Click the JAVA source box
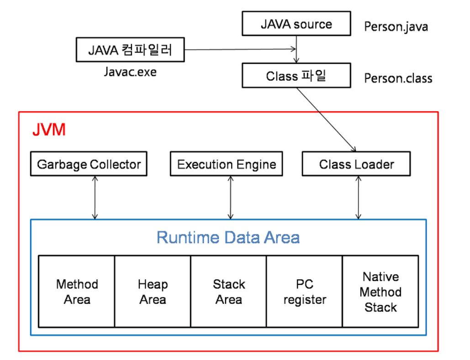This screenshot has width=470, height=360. [296, 24]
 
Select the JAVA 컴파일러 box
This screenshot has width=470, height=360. [130, 50]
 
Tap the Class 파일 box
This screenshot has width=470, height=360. [296, 75]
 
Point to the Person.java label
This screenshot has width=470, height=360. [396, 26]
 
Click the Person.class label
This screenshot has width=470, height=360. [398, 78]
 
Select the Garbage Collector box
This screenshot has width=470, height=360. [89, 164]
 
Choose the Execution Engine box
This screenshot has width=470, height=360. [227, 164]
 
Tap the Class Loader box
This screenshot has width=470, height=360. [356, 164]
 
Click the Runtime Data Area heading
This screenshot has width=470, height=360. [228, 237]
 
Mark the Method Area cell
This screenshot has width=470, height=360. [77, 292]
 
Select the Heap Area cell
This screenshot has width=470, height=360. [153, 292]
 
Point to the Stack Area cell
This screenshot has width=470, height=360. [228, 292]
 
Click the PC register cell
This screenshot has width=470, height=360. [305, 292]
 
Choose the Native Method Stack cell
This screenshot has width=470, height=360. [381, 292]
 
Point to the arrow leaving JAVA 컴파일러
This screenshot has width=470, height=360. [238, 50]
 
